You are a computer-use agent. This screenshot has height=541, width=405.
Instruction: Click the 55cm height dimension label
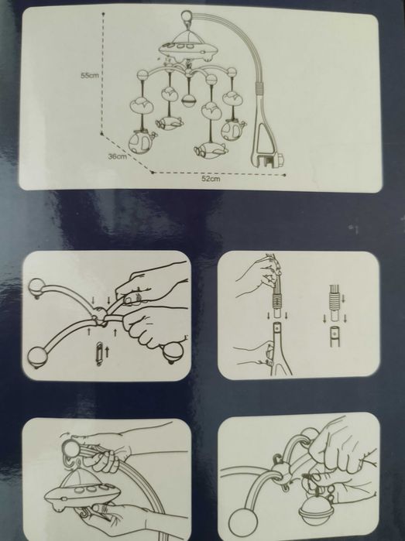click(x=89, y=75)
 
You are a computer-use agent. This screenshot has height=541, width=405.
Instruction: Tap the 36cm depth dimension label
click(x=118, y=156)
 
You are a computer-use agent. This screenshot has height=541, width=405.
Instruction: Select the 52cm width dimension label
click(x=211, y=179)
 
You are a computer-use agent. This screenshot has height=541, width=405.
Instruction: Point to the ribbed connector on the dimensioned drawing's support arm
click(x=259, y=88)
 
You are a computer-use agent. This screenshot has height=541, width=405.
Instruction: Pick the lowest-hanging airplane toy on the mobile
click(x=211, y=150)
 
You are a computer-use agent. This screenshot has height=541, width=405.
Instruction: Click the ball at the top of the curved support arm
click(x=187, y=16)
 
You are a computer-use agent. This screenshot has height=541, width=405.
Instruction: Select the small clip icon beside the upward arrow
click(x=99, y=354)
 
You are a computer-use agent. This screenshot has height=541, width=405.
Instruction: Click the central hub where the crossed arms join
click(x=99, y=315)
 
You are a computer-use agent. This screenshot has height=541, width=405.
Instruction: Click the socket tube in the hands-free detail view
click(x=335, y=337)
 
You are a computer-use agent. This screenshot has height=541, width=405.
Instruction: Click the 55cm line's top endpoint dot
click(x=104, y=14)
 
